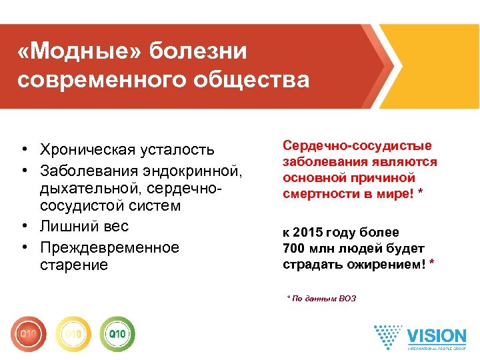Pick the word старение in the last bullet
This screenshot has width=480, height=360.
coord(73,266)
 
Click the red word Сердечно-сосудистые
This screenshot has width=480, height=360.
coord(357,146)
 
